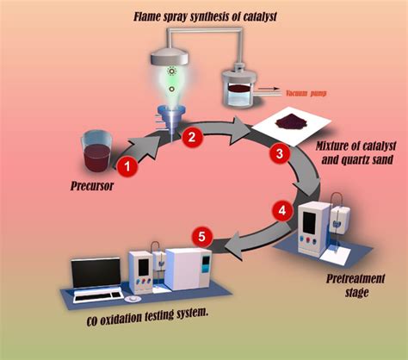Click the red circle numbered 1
127,166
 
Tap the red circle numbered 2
192,137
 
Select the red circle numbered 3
280,153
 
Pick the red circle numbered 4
282,210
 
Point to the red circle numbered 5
202,237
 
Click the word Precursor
92,186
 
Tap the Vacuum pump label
306,93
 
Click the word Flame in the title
147,16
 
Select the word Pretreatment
355,279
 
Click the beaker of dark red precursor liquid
96,152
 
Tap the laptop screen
96,273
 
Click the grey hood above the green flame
170,57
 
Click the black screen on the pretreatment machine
310,223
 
